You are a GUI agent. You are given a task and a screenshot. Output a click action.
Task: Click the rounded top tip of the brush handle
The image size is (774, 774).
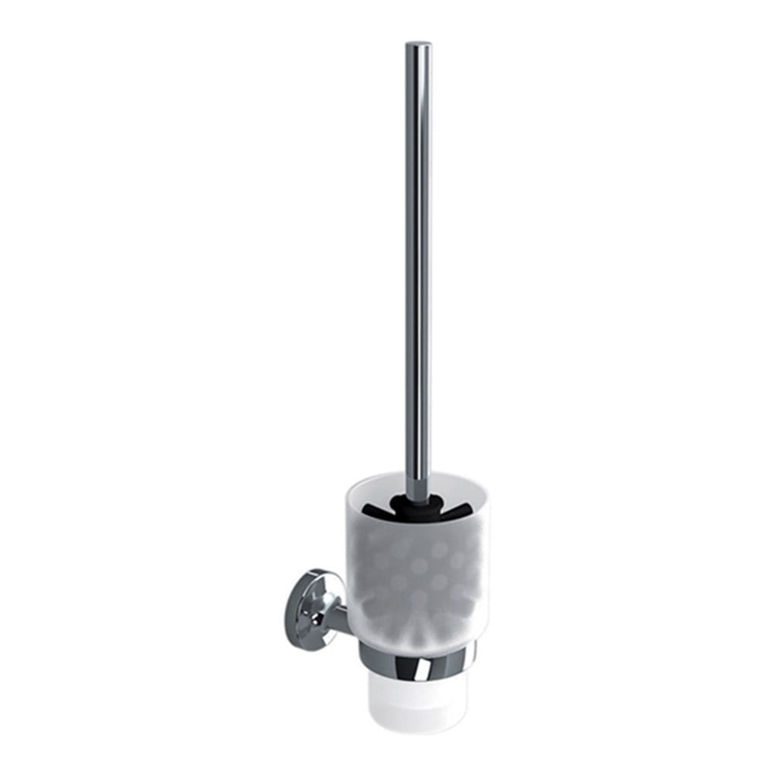point(419,45)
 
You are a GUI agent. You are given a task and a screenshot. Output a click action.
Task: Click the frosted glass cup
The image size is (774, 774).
point(410,573)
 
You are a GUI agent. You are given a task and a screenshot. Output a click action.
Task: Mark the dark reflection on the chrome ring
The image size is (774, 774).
point(387,666)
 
